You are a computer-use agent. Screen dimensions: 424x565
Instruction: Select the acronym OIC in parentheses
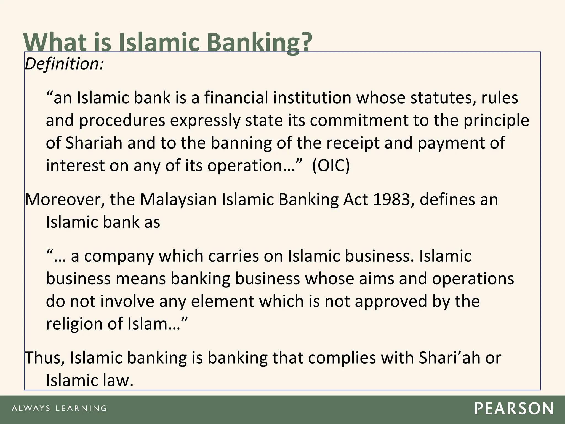331,166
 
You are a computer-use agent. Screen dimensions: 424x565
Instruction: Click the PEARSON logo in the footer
514,409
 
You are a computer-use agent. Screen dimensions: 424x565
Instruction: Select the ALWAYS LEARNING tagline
59,408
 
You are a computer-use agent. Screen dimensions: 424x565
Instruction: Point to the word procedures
122,121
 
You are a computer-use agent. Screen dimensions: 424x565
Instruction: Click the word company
119,256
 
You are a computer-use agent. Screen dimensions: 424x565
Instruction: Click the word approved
391,301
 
